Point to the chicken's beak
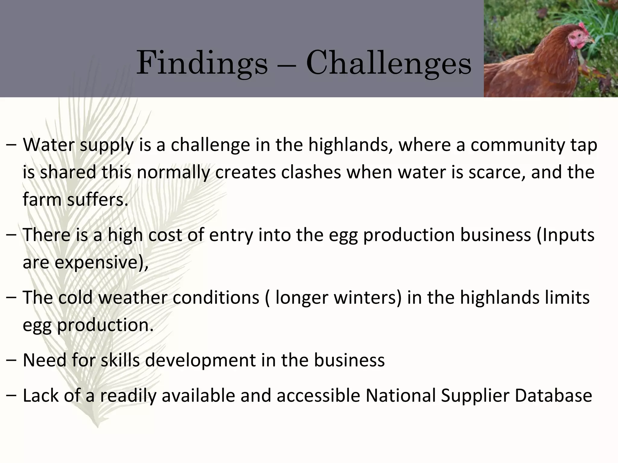coord(591,40)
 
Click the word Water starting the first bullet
coord(49,145)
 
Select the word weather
coord(133,298)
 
